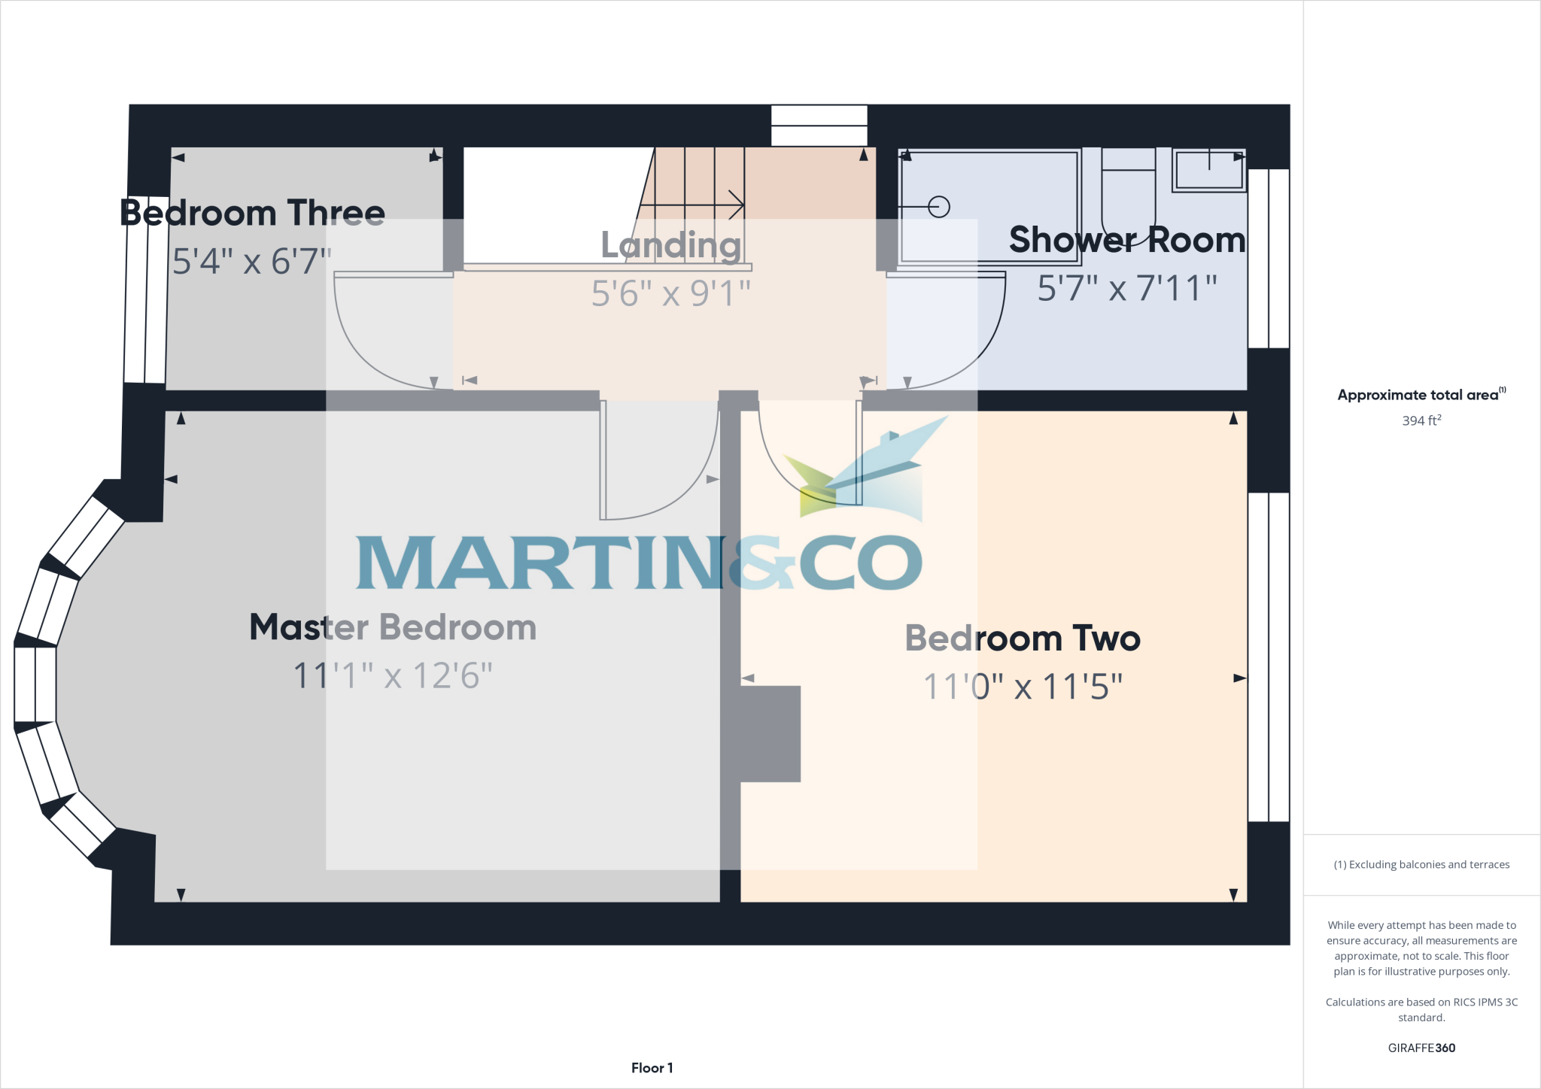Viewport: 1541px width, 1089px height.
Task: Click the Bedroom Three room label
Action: tap(252, 213)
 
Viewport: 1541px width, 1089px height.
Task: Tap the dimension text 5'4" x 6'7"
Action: tap(252, 261)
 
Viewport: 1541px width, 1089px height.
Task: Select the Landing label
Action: tap(670, 245)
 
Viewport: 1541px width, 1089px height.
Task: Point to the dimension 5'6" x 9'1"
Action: tap(670, 293)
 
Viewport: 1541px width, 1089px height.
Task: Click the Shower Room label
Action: tap(1126, 240)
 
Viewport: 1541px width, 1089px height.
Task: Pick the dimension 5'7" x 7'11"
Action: tap(1126, 288)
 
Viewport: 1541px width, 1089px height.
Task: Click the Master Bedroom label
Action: tap(393, 627)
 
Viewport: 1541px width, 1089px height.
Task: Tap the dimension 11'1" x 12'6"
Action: tap(393, 675)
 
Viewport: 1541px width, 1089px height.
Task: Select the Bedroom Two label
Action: tap(1023, 639)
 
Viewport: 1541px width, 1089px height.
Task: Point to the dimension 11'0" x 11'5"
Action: tap(1023, 687)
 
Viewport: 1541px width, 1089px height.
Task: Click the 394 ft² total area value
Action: tap(1421, 420)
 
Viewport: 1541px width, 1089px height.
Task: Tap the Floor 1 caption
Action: tap(652, 1068)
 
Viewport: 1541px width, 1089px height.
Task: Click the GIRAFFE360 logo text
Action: tap(1421, 1048)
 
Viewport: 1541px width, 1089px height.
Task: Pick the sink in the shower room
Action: tap(1209, 170)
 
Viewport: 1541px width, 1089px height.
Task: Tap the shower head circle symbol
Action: tap(939, 207)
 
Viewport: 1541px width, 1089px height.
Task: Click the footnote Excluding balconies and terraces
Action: tap(1421, 865)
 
